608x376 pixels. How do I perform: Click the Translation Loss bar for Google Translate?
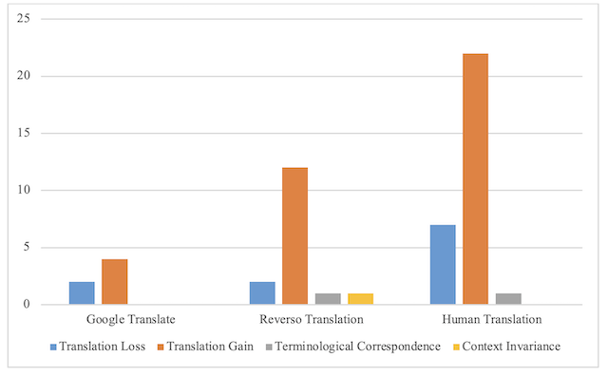[x=82, y=293]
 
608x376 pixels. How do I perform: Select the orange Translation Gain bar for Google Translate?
[x=114, y=282]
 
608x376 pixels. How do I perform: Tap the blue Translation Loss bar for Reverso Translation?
[x=262, y=293]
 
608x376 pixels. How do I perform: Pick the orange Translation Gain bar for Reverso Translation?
[x=294, y=236]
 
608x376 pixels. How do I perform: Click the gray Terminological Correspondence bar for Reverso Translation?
[x=328, y=299]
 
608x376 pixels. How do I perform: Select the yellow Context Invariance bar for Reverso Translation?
[x=360, y=299]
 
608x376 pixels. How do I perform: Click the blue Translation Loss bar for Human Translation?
[x=443, y=265]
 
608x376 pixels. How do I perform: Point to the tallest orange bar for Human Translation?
[x=475, y=179]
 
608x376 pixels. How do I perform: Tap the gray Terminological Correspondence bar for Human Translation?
[x=508, y=299]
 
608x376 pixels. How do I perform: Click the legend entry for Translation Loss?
[x=98, y=347]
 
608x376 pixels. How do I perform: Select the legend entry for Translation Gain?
[x=207, y=347]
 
